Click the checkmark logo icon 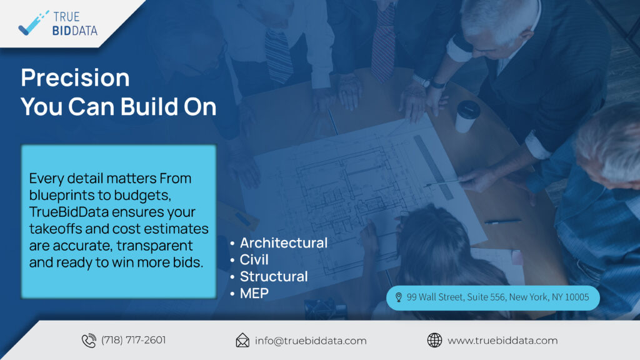pos(32,24)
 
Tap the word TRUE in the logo pos(66,17)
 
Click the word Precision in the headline pos(75,77)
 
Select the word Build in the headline pos(149,106)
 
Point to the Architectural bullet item pos(283,243)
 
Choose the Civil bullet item pos(254,259)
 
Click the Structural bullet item pos(274,276)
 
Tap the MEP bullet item pos(254,293)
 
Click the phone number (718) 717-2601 pos(134,340)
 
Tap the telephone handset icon pos(89,341)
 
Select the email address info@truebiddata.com pos(311,341)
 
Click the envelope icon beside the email pos(242,341)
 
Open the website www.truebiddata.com pos(502,341)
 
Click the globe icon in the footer pos(434,340)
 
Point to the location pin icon pos(399,297)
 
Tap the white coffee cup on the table pos(466,116)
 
